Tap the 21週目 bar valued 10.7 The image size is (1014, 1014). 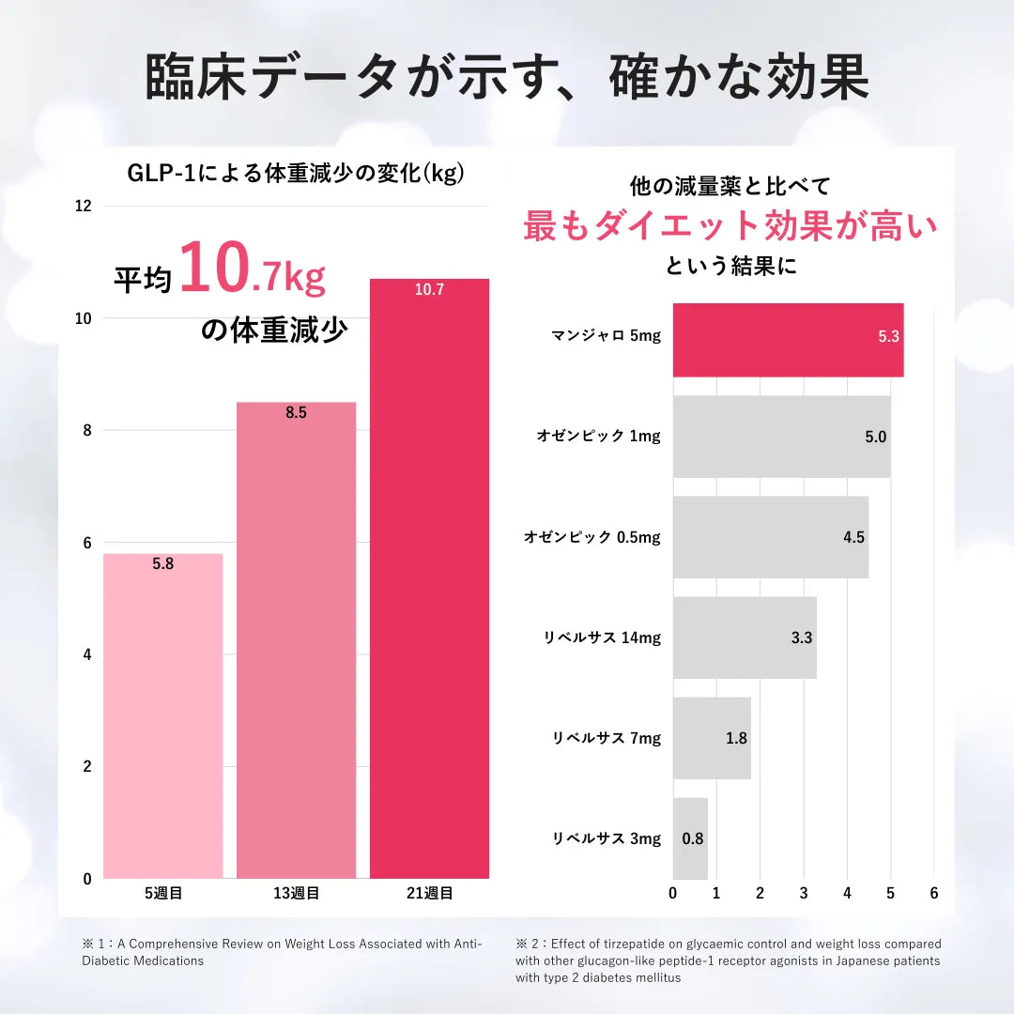pyautogui.click(x=429, y=578)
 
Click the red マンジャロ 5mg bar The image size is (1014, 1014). pyautogui.click(x=788, y=340)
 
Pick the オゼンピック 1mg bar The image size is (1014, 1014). pyautogui.click(x=781, y=437)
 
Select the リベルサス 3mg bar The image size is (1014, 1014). pyautogui.click(x=690, y=838)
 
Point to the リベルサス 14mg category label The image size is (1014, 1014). pyautogui.click(x=602, y=638)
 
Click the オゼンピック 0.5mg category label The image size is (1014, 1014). pyautogui.click(x=591, y=537)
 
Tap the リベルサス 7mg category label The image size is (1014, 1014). pyautogui.click(x=606, y=738)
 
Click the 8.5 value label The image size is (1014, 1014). pyautogui.click(x=296, y=412)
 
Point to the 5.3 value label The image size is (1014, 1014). pyautogui.click(x=889, y=336)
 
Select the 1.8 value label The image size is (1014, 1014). pyautogui.click(x=736, y=738)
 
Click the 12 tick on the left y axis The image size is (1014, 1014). pyautogui.click(x=84, y=206)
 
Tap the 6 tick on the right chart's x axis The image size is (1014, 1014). pyautogui.click(x=933, y=893)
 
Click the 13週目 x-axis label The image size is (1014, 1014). pyautogui.click(x=296, y=893)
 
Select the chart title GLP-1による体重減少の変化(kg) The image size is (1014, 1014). pyautogui.click(x=296, y=174)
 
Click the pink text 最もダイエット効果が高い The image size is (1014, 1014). pyautogui.click(x=730, y=226)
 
